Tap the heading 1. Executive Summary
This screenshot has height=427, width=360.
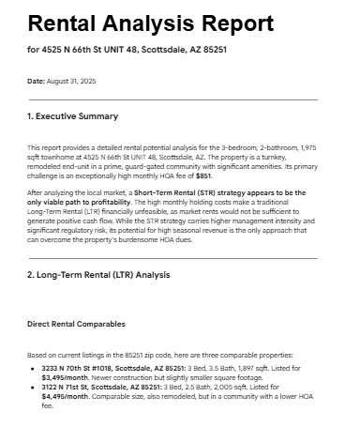(72, 116)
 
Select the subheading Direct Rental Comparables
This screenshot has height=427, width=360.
(76, 324)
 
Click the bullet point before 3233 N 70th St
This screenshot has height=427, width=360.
(35, 368)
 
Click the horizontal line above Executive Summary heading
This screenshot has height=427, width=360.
(172, 99)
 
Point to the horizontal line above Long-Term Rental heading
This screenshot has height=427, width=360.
(172, 258)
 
